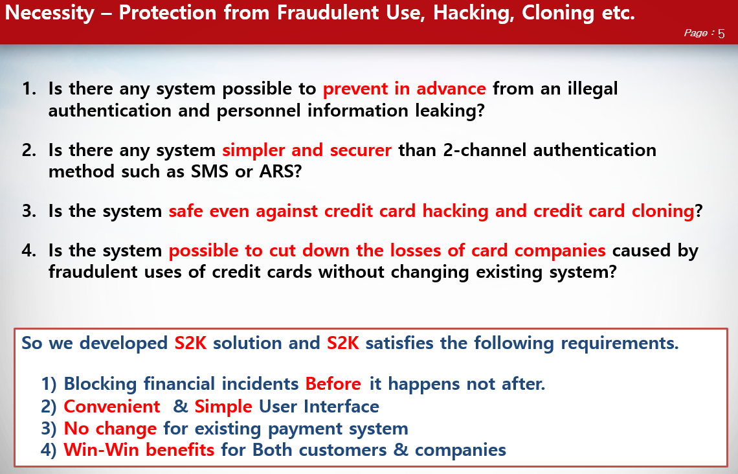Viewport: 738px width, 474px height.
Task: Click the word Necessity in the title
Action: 50,14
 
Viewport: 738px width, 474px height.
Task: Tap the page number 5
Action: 721,34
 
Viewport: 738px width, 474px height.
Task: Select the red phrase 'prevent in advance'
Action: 404,89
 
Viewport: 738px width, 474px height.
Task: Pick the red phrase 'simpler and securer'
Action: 306,150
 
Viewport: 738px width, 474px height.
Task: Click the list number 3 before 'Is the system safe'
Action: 28,211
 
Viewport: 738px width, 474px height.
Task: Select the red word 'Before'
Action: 333,384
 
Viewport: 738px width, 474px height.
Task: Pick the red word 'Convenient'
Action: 112,407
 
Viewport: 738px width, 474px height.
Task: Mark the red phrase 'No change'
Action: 110,428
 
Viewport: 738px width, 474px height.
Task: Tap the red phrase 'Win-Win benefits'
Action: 139,449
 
